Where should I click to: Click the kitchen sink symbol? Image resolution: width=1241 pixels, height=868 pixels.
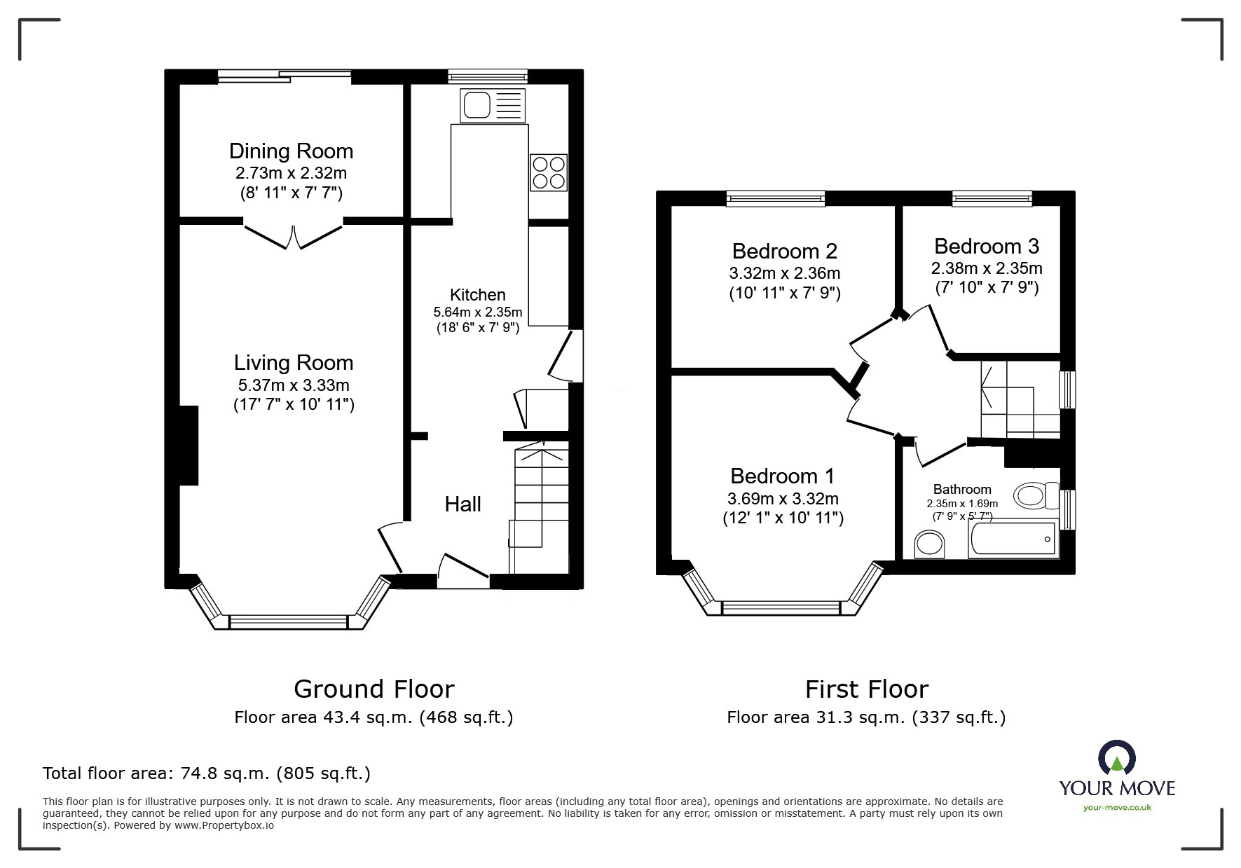[x=492, y=106]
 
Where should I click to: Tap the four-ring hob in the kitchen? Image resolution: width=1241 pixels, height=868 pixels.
[x=548, y=172]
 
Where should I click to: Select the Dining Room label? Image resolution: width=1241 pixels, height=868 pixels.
[x=291, y=151]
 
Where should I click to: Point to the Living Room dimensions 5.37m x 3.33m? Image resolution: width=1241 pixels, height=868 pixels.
[x=294, y=385]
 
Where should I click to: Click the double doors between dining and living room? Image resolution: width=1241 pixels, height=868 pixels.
[x=294, y=235]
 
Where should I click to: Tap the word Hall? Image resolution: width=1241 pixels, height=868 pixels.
[x=462, y=504]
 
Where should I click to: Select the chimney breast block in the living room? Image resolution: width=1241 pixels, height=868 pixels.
[x=188, y=446]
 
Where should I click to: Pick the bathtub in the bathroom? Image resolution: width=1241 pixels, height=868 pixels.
[x=1013, y=540]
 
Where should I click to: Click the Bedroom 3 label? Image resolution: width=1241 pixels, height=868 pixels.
[x=986, y=247]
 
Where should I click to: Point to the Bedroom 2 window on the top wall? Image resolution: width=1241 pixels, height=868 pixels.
[x=776, y=199]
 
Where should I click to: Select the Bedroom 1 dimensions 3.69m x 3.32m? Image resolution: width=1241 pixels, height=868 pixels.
[x=782, y=499]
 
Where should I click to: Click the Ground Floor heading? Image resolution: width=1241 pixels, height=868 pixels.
[x=373, y=689]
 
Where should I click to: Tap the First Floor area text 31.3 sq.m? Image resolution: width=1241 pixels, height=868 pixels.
[x=866, y=717]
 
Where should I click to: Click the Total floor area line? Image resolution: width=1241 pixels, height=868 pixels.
[x=207, y=773]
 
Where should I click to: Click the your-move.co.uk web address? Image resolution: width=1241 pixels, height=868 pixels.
[x=1117, y=808]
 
